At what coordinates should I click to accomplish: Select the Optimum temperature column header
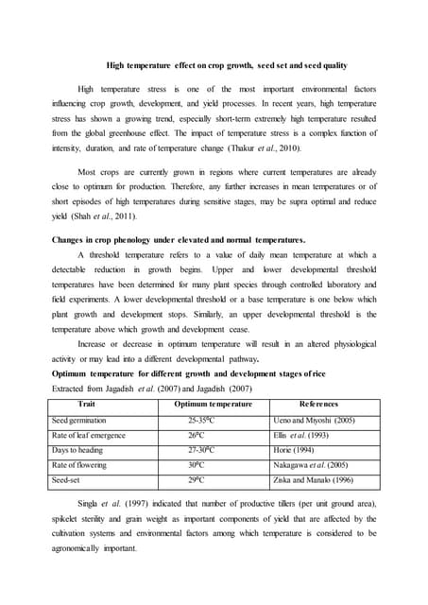[214, 405]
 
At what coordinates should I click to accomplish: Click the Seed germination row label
[79, 420]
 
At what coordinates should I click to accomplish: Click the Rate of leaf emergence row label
[89, 435]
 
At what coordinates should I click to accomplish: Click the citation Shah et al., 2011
[103, 215]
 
